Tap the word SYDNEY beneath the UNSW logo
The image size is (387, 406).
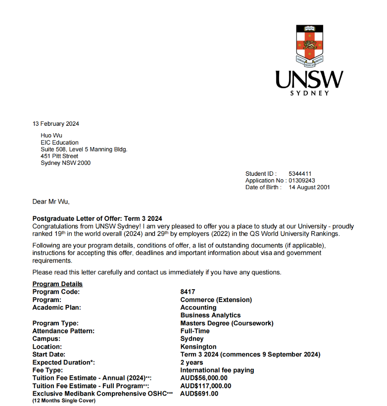coord(309,93)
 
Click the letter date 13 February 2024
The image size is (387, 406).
coord(55,124)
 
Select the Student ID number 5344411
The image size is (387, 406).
coord(300,174)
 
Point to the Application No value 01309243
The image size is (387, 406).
coord(302,181)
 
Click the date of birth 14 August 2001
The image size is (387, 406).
coord(309,187)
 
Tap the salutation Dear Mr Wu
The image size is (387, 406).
coord(51,202)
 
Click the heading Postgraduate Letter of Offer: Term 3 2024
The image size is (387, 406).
coord(97,219)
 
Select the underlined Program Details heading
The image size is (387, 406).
coord(57,284)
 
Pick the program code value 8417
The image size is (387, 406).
coord(188,292)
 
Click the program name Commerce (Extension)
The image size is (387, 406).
coord(216,300)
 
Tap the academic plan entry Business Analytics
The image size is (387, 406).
coord(210,315)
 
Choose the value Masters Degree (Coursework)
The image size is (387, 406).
coord(227,323)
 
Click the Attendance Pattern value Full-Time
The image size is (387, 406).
coord(195,331)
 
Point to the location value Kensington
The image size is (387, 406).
coord(198,347)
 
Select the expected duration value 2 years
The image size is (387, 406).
coord(192,362)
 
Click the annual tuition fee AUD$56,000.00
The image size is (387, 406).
coord(204,378)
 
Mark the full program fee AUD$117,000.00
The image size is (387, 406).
coord(205,386)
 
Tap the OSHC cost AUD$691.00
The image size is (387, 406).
coord(199,394)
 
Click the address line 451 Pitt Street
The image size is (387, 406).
coord(59,156)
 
